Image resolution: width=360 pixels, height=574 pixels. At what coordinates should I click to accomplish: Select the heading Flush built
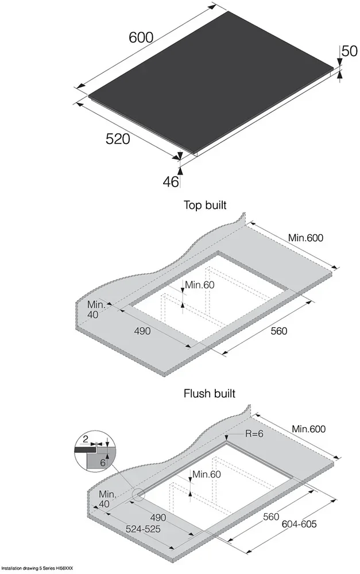tap(209, 394)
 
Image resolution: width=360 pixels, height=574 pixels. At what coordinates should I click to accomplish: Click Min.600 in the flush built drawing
tap(308, 429)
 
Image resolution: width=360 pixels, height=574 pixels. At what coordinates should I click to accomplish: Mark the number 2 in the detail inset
tap(86, 440)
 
